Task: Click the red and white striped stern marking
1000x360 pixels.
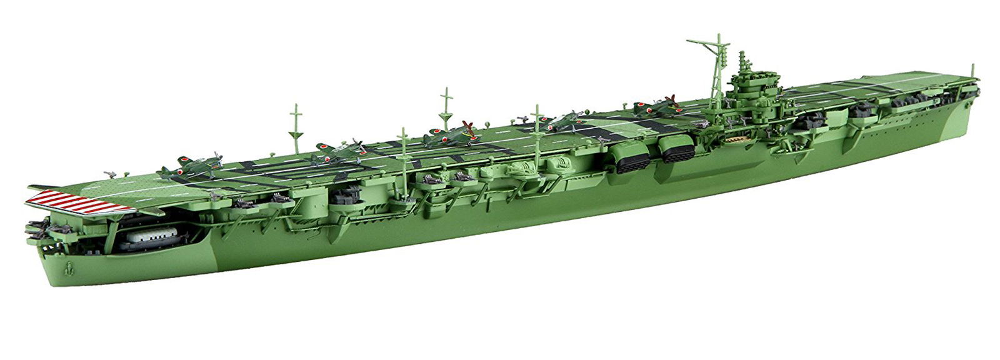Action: click(78, 202)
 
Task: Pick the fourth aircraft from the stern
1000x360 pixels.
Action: click(566, 119)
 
